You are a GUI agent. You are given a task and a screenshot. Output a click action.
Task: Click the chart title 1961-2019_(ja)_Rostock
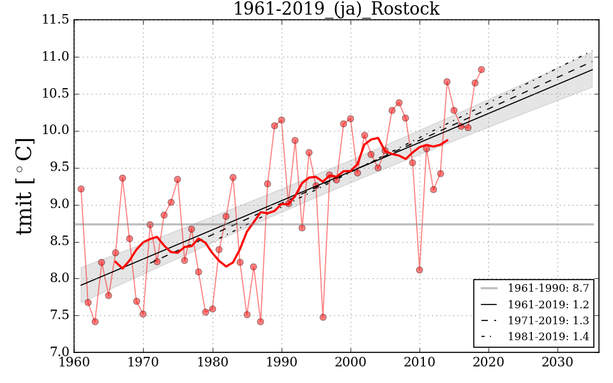pyautogui.click(x=336, y=10)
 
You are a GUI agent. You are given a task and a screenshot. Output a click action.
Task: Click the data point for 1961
pyautogui.click(x=81, y=189)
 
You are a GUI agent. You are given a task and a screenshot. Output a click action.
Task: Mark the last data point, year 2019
pyautogui.click(x=481, y=70)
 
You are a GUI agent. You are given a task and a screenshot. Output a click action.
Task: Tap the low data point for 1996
pyautogui.click(x=323, y=317)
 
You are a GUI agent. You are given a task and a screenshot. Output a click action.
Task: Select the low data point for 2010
pyautogui.click(x=420, y=270)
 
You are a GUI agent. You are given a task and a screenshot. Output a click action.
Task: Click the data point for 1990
pyautogui.click(x=282, y=120)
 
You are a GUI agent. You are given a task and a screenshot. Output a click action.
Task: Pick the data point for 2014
pyautogui.click(x=447, y=82)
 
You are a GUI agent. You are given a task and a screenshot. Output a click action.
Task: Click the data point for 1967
pyautogui.click(x=123, y=178)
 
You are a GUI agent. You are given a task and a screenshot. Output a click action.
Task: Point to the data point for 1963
pyautogui.click(x=95, y=322)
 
